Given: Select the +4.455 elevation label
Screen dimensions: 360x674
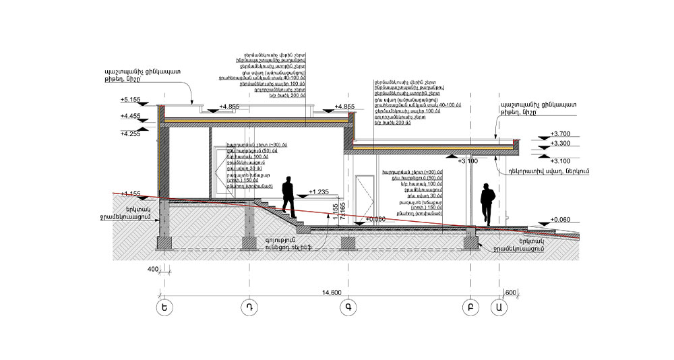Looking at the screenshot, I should tap(130, 116).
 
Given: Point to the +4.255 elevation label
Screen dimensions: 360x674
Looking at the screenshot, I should tap(130, 133).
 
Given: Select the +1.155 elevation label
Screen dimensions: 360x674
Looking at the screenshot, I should tap(130, 194).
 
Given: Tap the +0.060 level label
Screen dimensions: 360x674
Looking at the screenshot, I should tap(561, 220).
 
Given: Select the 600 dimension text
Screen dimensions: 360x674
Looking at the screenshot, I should tap(510, 292).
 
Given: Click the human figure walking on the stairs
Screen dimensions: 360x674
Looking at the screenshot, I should tap(288, 196).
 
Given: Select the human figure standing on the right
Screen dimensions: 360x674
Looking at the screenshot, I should tap(487, 204).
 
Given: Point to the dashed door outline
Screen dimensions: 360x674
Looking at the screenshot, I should tap(363, 196).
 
